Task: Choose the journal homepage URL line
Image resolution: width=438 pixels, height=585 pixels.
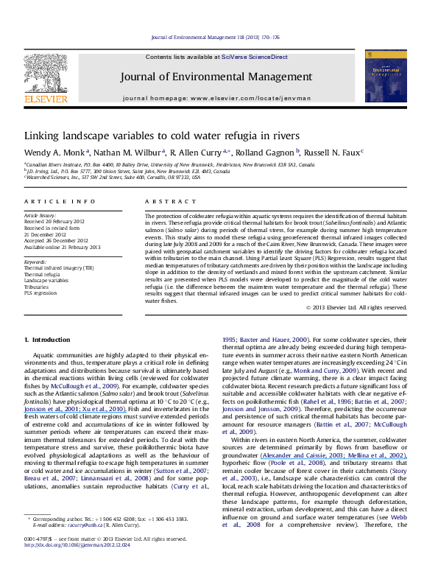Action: coord(219,97)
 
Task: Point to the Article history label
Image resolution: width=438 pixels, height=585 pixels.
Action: coord(42,214)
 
